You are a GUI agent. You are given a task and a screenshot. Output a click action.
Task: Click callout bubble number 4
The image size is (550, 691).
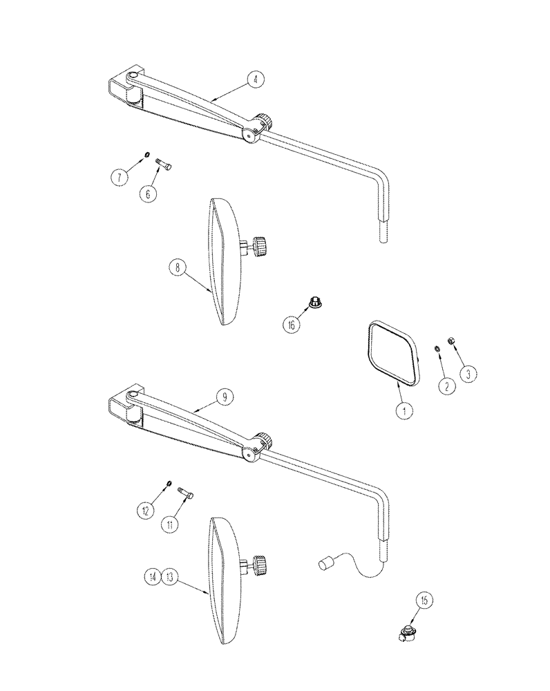(256, 81)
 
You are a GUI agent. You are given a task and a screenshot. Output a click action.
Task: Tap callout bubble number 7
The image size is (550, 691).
(119, 178)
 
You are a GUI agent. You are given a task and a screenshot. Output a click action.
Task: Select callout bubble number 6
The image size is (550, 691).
(147, 195)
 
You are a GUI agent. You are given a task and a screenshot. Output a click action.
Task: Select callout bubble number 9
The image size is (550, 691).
(226, 397)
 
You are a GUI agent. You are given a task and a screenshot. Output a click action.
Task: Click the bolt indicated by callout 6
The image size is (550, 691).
(165, 164)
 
